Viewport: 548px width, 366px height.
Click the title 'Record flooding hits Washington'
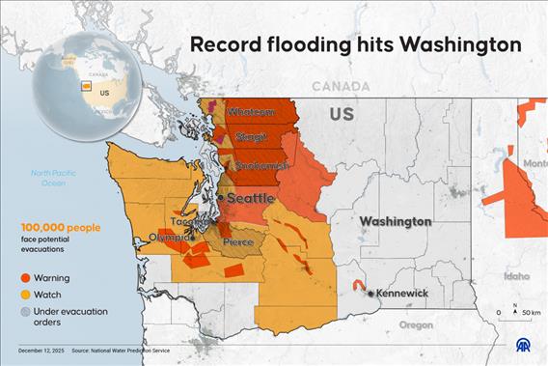(354, 44)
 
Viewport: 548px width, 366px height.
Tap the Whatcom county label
(250, 113)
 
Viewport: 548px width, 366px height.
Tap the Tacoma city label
(190, 220)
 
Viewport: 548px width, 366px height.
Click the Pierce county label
(238, 240)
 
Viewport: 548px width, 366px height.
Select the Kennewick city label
(401, 293)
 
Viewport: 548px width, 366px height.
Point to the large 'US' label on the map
(342, 115)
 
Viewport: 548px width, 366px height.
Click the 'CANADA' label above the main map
(340, 86)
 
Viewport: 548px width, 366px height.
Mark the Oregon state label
(416, 324)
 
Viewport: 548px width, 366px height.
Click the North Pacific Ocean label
(47, 177)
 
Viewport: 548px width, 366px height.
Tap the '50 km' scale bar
(516, 313)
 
